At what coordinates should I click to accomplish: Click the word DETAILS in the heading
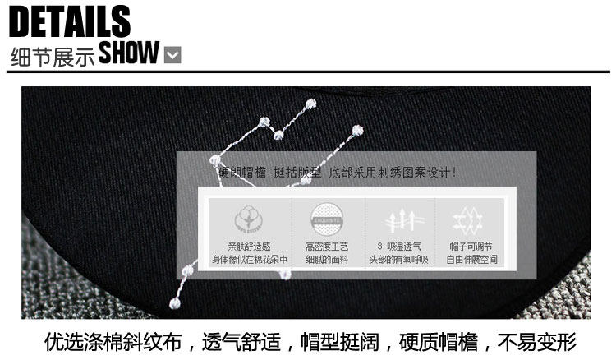[x=71, y=21]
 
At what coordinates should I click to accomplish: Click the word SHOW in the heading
[x=128, y=53]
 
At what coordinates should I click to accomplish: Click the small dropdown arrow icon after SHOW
[x=172, y=56]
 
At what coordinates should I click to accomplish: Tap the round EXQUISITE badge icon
[x=326, y=219]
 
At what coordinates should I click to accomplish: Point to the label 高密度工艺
[x=327, y=247]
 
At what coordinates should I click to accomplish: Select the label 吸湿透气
[x=405, y=247]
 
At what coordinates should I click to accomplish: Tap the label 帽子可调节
[x=471, y=247]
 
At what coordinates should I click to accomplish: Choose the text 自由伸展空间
[x=471, y=260]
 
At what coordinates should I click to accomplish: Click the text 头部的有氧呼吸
[x=400, y=260]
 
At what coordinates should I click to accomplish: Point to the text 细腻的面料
[x=327, y=260]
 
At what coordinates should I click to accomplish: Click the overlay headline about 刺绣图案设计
[x=337, y=173]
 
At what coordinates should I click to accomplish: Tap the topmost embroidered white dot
[x=310, y=104]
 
